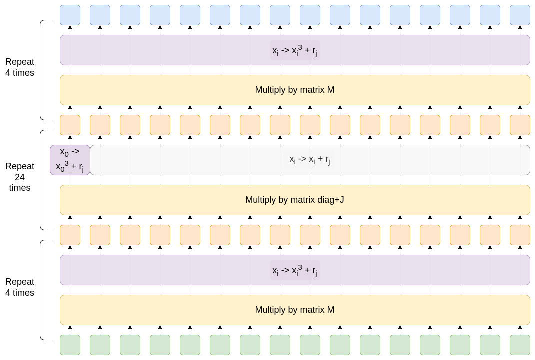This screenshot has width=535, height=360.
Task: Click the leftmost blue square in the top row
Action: pos(70,15)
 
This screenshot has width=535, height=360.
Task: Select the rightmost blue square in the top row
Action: pos(520,15)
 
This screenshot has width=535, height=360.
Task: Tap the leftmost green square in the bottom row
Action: pos(70,345)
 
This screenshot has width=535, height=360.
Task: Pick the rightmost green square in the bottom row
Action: pos(520,345)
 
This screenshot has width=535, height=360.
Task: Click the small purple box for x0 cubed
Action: pos(70,160)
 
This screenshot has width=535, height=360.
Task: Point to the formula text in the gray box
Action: pos(310,160)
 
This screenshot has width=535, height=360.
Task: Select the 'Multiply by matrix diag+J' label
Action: pos(294,200)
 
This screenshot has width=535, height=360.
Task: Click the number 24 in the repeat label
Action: pos(20,177)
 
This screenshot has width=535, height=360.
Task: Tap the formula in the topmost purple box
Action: pos(294,50)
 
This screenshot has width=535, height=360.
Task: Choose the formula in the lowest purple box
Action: pos(294,270)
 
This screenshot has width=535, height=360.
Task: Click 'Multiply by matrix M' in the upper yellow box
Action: pos(294,90)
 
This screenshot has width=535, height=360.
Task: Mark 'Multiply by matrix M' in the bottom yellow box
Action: pos(294,310)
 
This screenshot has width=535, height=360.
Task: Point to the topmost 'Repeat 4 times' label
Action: pos(20,67)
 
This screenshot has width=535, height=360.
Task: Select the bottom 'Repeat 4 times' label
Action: pos(20,287)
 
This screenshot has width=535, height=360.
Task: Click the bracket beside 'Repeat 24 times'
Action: pos(41,180)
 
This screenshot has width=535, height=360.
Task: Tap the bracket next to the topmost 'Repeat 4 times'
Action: pos(41,70)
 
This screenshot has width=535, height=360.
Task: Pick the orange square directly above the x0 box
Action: pos(70,125)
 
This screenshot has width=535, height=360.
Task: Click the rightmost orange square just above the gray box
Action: pos(520,125)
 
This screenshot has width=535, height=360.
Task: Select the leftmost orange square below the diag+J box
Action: pos(70,235)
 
